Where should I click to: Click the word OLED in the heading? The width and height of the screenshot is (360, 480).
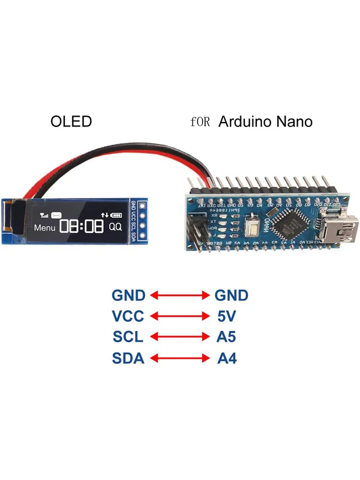click(71, 121)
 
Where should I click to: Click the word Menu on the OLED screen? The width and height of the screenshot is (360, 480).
click(45, 227)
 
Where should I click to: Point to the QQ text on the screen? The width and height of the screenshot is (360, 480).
click(116, 227)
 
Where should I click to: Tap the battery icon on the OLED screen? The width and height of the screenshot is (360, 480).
click(117, 215)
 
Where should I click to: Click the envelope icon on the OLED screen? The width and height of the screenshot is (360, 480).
click(57, 216)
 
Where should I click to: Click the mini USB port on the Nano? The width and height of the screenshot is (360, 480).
click(341, 223)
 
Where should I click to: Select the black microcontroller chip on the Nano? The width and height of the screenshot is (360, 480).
click(288, 222)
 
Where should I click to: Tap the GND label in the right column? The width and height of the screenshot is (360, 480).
click(231, 295)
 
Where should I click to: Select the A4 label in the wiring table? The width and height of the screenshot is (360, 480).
click(227, 358)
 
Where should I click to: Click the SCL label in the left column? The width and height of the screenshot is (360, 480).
click(128, 337)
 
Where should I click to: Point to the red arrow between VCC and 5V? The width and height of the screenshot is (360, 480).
click(180, 316)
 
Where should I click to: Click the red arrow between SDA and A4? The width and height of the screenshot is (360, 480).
click(180, 358)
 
